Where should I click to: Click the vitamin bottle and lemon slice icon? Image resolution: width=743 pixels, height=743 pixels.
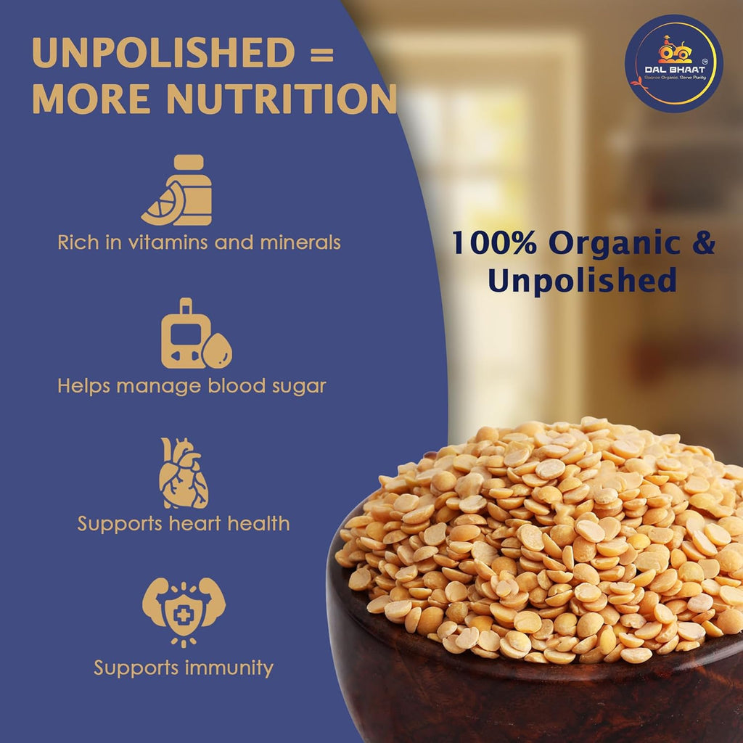pos(178,190)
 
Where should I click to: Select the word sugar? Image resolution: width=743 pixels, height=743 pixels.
pos(298,386)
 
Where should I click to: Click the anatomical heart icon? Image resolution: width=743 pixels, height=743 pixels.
pos(184,472)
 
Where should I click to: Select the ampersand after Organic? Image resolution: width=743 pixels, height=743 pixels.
pos(702,243)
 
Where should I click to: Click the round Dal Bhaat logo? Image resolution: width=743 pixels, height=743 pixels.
pos(674,63)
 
